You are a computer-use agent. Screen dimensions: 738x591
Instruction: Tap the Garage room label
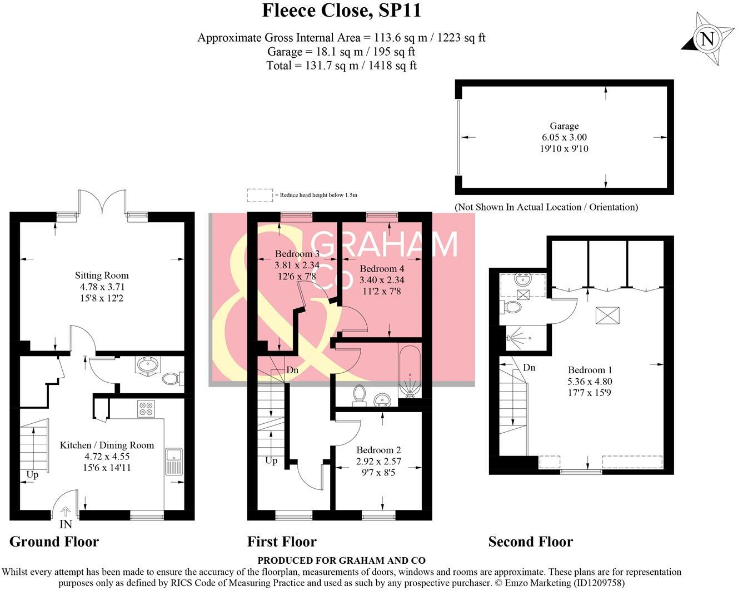(x=564, y=126)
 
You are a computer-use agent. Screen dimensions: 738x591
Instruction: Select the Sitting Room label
(x=102, y=276)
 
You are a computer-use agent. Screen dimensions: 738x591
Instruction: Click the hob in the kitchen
(x=146, y=409)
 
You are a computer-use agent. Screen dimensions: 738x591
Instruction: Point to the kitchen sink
(x=174, y=461)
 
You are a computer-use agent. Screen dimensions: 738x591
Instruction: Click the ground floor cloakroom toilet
(x=173, y=379)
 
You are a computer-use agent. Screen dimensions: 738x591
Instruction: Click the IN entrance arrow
(x=66, y=512)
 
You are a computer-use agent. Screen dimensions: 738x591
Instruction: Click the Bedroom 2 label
(x=378, y=450)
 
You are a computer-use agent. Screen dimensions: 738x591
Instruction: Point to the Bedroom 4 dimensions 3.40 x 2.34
(x=382, y=280)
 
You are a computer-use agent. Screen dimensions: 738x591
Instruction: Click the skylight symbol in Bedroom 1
(x=608, y=315)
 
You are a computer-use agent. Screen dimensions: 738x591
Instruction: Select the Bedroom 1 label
(x=590, y=370)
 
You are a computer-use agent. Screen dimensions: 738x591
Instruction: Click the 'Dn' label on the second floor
(x=529, y=368)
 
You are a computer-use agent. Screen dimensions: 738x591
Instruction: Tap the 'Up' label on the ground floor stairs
(x=32, y=475)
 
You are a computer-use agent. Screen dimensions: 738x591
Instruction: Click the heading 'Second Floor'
(x=531, y=542)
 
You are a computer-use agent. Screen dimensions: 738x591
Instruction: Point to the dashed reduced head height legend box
(x=260, y=196)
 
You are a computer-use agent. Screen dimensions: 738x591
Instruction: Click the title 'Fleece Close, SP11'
(x=341, y=11)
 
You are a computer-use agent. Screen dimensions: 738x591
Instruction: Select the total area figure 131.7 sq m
(x=332, y=66)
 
